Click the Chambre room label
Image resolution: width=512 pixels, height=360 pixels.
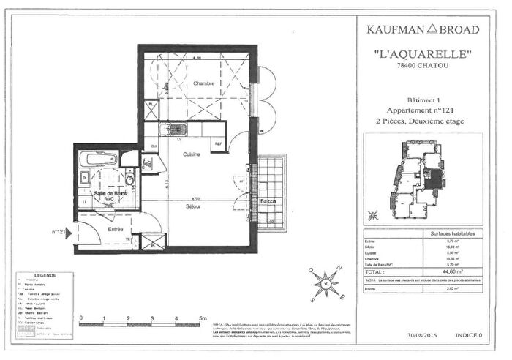(x=203, y=84)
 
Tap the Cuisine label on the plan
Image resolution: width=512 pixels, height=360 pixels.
(x=192, y=154)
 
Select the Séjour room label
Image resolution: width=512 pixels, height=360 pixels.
(x=193, y=206)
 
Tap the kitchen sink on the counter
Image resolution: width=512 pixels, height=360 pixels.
(x=177, y=130)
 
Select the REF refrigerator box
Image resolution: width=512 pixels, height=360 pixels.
(x=218, y=144)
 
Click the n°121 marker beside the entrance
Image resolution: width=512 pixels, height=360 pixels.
(x=60, y=231)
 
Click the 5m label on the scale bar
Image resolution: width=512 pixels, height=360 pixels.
(x=202, y=318)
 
